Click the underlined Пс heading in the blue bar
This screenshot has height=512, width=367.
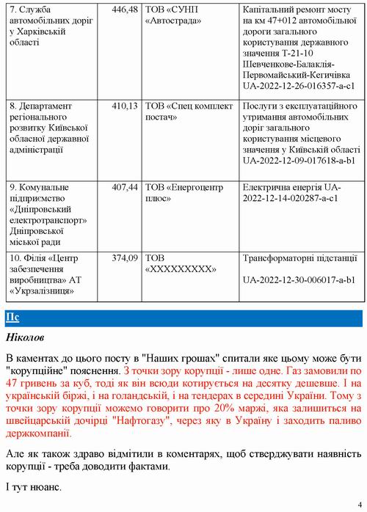coord(12,317)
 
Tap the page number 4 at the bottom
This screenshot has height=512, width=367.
coord(360,503)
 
